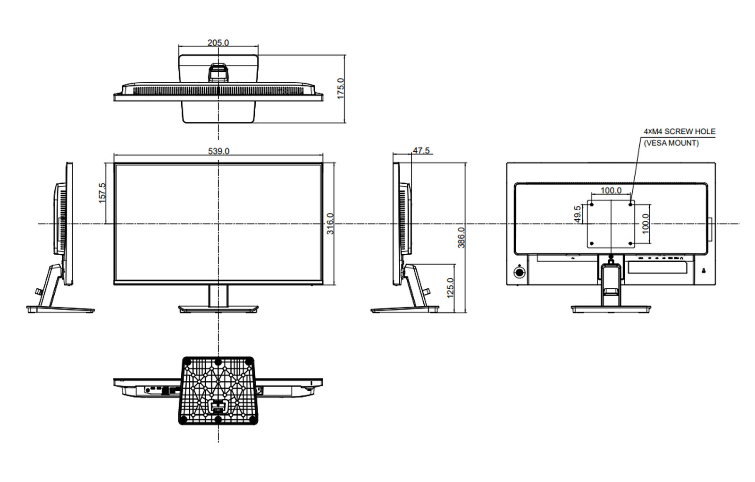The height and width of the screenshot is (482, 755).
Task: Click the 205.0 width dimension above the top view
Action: [x=218, y=43]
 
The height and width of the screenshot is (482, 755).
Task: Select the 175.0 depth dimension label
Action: [x=341, y=88]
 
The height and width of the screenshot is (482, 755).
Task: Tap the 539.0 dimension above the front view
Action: [x=218, y=151]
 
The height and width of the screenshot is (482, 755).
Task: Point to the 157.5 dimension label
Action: [x=102, y=193]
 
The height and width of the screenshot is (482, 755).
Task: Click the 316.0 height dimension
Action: [x=330, y=224]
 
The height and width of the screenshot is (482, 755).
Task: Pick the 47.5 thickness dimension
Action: [x=421, y=150]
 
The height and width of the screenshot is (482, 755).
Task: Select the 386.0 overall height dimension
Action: [x=461, y=237]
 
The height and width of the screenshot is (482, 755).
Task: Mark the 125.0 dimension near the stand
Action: [x=450, y=287]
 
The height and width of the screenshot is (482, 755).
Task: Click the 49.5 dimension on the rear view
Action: [x=577, y=214]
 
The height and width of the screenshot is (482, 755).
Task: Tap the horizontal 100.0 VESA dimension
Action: [x=611, y=190]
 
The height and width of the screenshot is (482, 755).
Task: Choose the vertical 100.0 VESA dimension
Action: [x=646, y=224]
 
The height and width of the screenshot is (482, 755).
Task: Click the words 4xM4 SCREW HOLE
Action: [x=679, y=131]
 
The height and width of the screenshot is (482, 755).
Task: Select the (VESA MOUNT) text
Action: [x=671, y=143]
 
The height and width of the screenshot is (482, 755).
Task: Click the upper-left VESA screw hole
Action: [x=591, y=204]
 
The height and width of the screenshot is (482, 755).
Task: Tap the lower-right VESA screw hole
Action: [x=631, y=244]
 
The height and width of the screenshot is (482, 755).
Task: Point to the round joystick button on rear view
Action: [x=519, y=272]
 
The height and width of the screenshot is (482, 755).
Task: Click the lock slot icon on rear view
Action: [x=703, y=271]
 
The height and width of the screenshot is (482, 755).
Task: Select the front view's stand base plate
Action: [x=218, y=309]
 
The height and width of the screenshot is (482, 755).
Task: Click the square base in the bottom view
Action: [x=218, y=390]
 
